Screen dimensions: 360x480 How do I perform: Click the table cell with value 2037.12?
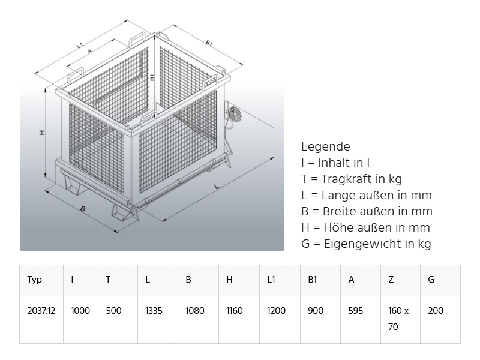pos(41,311)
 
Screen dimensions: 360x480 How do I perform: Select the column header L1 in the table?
pos(272,280)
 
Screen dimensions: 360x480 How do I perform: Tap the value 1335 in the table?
pos(154,311)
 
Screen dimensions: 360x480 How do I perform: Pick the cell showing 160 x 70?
pos(398,319)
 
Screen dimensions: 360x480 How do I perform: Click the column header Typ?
pos(35,280)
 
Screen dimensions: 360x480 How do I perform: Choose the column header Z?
pos(391,280)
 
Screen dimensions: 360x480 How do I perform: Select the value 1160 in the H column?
pos(235,311)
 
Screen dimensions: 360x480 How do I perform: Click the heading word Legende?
pos(325,146)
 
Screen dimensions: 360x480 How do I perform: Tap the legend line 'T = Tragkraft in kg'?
pos(352,179)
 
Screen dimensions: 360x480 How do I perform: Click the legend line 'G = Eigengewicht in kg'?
pos(366,244)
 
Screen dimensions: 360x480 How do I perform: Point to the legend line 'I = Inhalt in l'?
pos(335,163)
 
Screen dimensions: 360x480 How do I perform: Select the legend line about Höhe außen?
pos(365,227)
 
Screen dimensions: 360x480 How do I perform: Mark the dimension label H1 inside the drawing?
pos(153,77)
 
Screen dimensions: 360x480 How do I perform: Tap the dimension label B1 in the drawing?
pos(209,43)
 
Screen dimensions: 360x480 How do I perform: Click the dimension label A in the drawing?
pos(90,52)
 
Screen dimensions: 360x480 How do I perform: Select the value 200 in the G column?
pos(436,311)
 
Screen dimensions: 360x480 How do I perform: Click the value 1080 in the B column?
pos(194,311)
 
